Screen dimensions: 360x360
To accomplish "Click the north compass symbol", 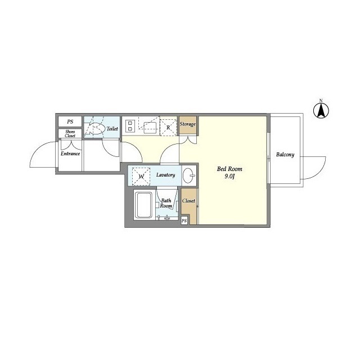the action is click(x=321, y=110).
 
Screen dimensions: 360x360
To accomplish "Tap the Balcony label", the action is click(x=285, y=155).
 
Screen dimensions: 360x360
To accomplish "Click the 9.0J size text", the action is click(x=229, y=176).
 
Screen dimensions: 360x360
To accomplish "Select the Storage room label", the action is click(x=187, y=124).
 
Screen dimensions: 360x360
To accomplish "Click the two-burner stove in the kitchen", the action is click(x=130, y=126).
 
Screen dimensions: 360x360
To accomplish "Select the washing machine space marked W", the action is click(x=141, y=176).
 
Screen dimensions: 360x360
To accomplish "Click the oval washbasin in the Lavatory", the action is click(x=189, y=175).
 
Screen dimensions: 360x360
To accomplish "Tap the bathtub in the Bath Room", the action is click(x=144, y=205).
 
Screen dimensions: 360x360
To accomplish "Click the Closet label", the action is click(x=188, y=201).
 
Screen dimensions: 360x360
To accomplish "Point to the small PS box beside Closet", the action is click(x=184, y=220).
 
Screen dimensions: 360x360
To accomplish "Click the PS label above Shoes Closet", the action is click(x=70, y=121).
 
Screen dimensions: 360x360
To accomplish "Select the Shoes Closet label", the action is click(x=70, y=134).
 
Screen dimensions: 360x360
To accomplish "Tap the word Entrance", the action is click(x=70, y=154).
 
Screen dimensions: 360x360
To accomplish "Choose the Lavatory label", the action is click(x=165, y=175).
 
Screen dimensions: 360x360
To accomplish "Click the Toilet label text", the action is click(x=112, y=129).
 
